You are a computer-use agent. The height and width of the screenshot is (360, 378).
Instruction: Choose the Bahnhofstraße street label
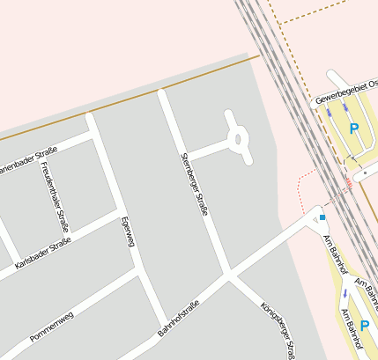pos(179,319)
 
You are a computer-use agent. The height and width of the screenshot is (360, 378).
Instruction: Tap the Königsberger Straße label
pos(278,330)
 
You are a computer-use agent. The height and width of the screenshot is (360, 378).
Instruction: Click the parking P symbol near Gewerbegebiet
pos(354,129)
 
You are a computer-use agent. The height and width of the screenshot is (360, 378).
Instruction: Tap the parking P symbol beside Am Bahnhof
pos(364,326)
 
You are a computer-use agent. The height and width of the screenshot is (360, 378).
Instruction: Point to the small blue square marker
pos(322,217)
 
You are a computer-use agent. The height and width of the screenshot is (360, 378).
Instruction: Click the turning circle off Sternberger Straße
pos(237,137)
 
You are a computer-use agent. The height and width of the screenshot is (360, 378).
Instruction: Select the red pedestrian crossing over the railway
pos(349,184)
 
